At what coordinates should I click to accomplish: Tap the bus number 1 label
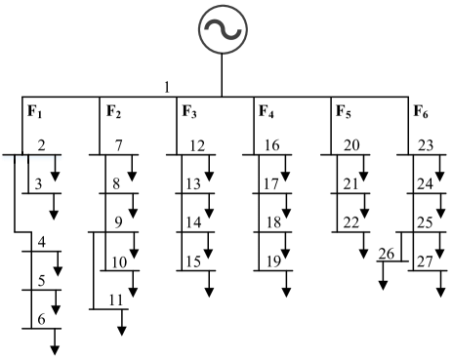(x=167, y=88)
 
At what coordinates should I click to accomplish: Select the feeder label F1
(x=34, y=110)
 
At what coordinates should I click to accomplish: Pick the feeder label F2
(x=114, y=110)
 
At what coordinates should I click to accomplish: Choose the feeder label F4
(x=267, y=110)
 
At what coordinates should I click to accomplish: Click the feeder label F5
(x=344, y=110)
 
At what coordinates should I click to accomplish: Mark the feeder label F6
(x=419, y=110)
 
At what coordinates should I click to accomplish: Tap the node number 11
(x=116, y=300)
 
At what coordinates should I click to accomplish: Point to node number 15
(x=195, y=260)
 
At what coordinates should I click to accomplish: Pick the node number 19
(x=271, y=260)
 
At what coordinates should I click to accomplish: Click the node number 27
(x=426, y=260)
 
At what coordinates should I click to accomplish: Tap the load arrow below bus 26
(x=383, y=277)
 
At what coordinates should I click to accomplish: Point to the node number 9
(x=118, y=222)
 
